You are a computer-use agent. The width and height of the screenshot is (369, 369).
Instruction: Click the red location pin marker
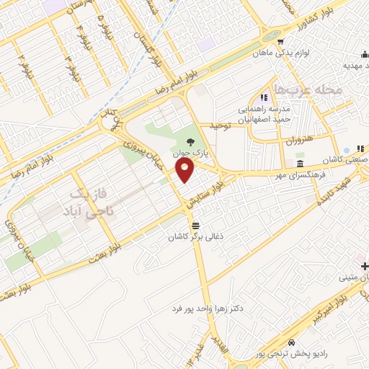coord(187,171)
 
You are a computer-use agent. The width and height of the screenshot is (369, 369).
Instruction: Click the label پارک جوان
coord(188,154)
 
